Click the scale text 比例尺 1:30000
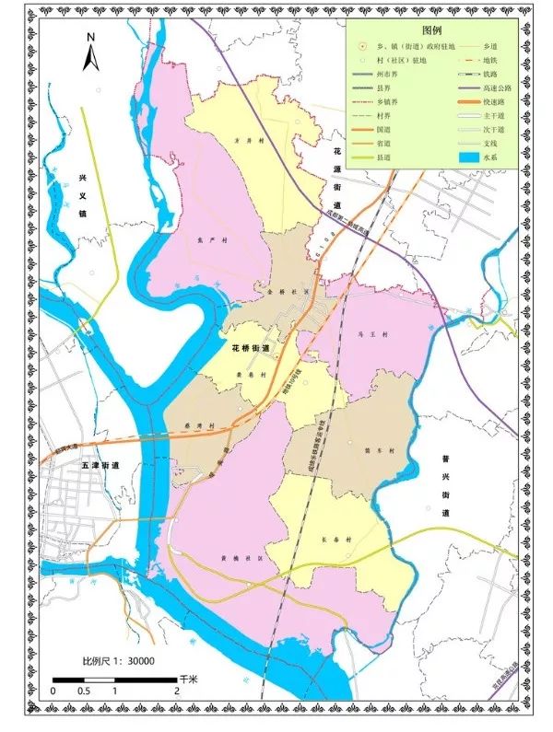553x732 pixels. click(x=118, y=660)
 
